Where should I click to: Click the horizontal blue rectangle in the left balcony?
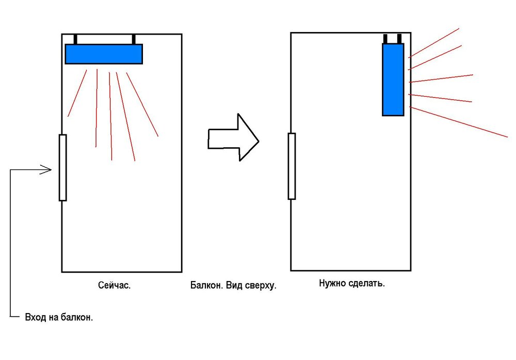tap(104, 54)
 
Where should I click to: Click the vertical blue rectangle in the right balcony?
tap(393, 80)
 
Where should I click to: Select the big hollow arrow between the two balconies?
tap(233, 137)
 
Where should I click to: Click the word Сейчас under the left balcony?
tap(114, 285)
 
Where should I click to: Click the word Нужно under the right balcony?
tap(333, 283)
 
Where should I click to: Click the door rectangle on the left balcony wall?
tap(62, 168)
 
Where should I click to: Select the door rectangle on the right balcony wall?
tap(292, 166)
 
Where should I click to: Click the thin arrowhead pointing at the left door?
tap(46, 170)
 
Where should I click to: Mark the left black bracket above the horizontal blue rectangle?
tap(75, 39)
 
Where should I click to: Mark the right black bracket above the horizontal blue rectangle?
tap(134, 39)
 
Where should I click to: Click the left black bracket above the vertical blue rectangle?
tap(385, 39)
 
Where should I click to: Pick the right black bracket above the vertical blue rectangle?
tap(399, 39)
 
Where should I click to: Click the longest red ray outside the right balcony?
tap(459, 122)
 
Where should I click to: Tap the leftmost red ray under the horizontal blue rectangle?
tap(77, 93)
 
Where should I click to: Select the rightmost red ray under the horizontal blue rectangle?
tap(142, 104)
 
